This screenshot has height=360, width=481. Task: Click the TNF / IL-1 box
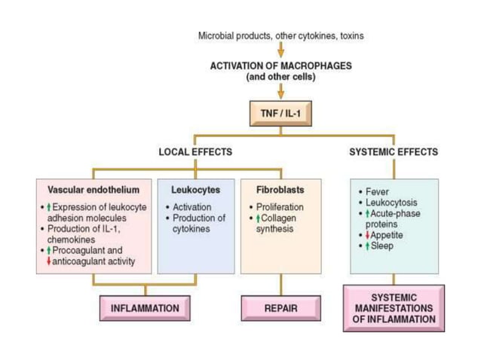click(x=280, y=113)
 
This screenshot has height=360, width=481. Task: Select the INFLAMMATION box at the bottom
click(x=145, y=308)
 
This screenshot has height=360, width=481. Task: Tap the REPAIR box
click(x=280, y=308)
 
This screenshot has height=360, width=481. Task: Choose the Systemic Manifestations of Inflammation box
click(x=393, y=308)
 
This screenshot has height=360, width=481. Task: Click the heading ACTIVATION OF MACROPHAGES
click(x=280, y=66)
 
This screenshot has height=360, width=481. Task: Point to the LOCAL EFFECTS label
click(x=195, y=152)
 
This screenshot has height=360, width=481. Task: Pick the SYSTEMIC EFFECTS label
click(x=393, y=152)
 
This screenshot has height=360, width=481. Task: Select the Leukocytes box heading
click(x=195, y=190)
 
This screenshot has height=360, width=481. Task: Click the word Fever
click(x=377, y=192)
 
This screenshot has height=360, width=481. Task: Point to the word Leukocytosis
click(x=391, y=203)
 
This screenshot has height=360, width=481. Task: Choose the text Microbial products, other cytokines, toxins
click(x=280, y=35)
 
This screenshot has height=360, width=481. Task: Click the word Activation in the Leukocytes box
click(x=191, y=207)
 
